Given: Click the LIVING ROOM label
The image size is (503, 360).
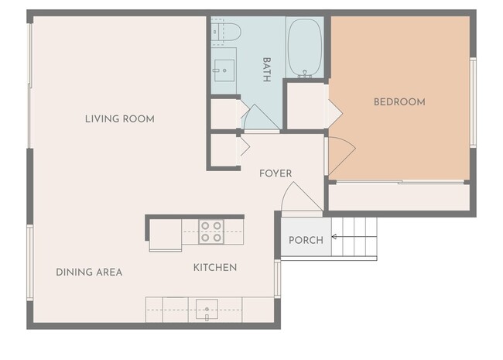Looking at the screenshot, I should [119, 119].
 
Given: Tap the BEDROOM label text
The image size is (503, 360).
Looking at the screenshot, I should [399, 102].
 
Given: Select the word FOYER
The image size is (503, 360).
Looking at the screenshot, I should [275, 173].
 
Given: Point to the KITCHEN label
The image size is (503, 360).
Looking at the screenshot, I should [214, 268].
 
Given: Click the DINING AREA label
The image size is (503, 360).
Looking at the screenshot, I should [89, 273].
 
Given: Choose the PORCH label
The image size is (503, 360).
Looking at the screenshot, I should [306, 240].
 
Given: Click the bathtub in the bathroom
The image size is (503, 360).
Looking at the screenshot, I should [304, 48].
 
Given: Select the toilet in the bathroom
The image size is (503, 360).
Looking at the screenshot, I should [227, 32].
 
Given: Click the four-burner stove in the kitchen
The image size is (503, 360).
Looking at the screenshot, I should [211, 231].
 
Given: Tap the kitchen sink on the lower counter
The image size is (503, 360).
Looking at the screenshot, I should [207, 309].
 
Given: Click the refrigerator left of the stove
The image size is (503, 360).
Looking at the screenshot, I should [165, 235].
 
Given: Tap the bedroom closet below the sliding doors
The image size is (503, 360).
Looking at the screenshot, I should [399, 197].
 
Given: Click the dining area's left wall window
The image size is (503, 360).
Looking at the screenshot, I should [29, 262].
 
